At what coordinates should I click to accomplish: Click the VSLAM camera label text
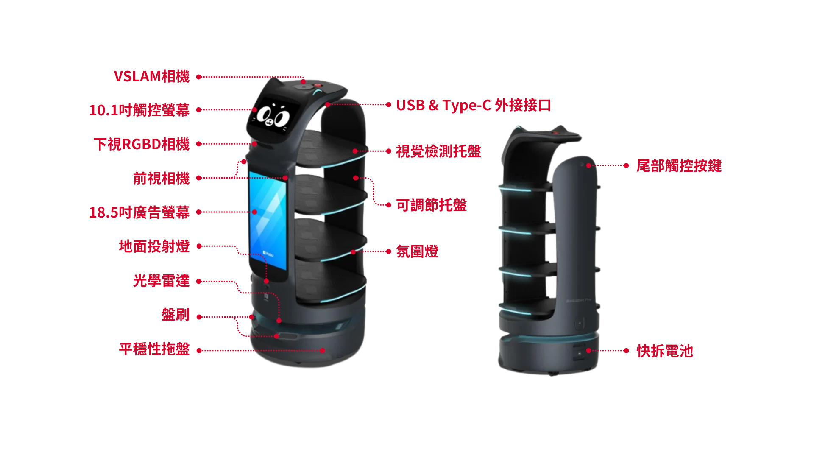point(151,77)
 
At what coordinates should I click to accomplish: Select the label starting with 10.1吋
point(139,110)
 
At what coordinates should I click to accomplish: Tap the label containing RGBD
point(141,144)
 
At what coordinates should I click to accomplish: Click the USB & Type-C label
point(474,106)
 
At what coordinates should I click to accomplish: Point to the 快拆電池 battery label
point(665,352)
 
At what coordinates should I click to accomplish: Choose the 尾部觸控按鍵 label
point(678,166)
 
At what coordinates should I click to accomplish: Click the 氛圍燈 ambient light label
point(417,251)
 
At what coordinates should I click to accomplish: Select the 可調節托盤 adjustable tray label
point(432,205)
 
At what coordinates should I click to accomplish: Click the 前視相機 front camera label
point(161,179)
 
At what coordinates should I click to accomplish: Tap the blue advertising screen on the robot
point(268,221)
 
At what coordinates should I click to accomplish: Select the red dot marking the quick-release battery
point(588,351)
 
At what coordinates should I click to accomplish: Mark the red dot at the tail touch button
point(588,165)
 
